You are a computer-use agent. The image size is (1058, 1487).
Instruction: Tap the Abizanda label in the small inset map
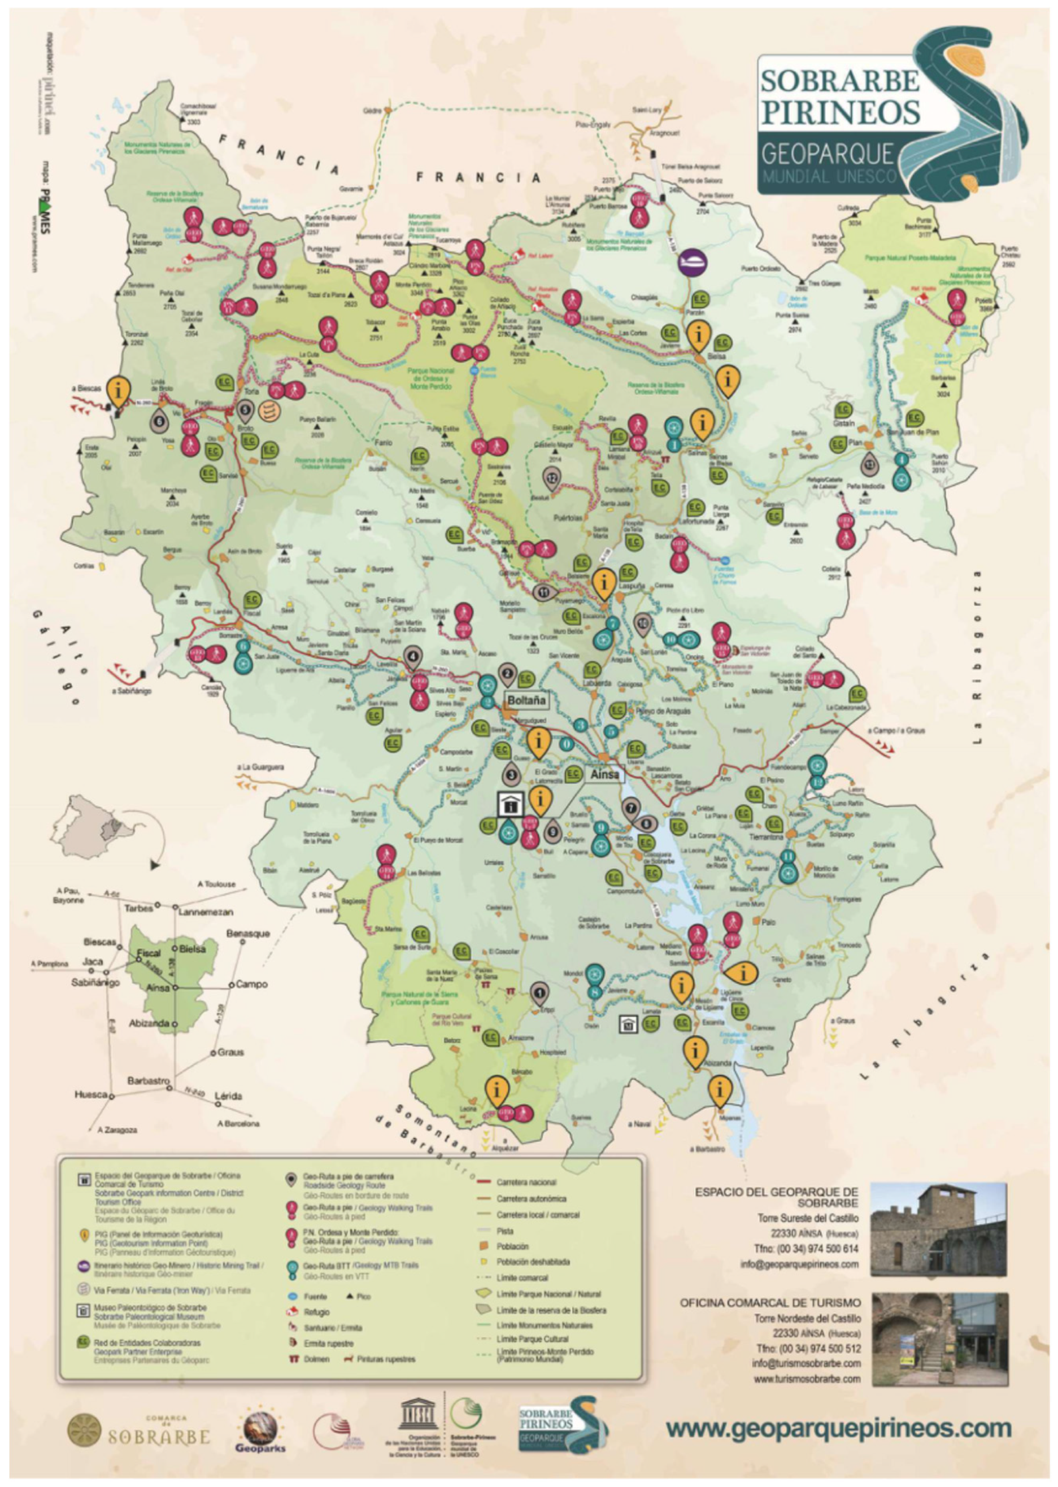tap(150, 1023)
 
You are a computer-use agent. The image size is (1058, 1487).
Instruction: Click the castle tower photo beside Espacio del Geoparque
tap(938, 1229)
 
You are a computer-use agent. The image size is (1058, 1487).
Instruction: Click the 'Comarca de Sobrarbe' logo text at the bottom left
tap(158, 1435)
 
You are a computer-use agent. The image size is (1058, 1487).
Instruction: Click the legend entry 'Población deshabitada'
tap(532, 1262)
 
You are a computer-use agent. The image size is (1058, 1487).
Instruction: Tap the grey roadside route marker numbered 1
tap(539, 994)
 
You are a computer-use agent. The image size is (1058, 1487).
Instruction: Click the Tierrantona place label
tap(765, 838)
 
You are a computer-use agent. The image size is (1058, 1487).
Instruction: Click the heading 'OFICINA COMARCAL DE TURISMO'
tap(770, 1303)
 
